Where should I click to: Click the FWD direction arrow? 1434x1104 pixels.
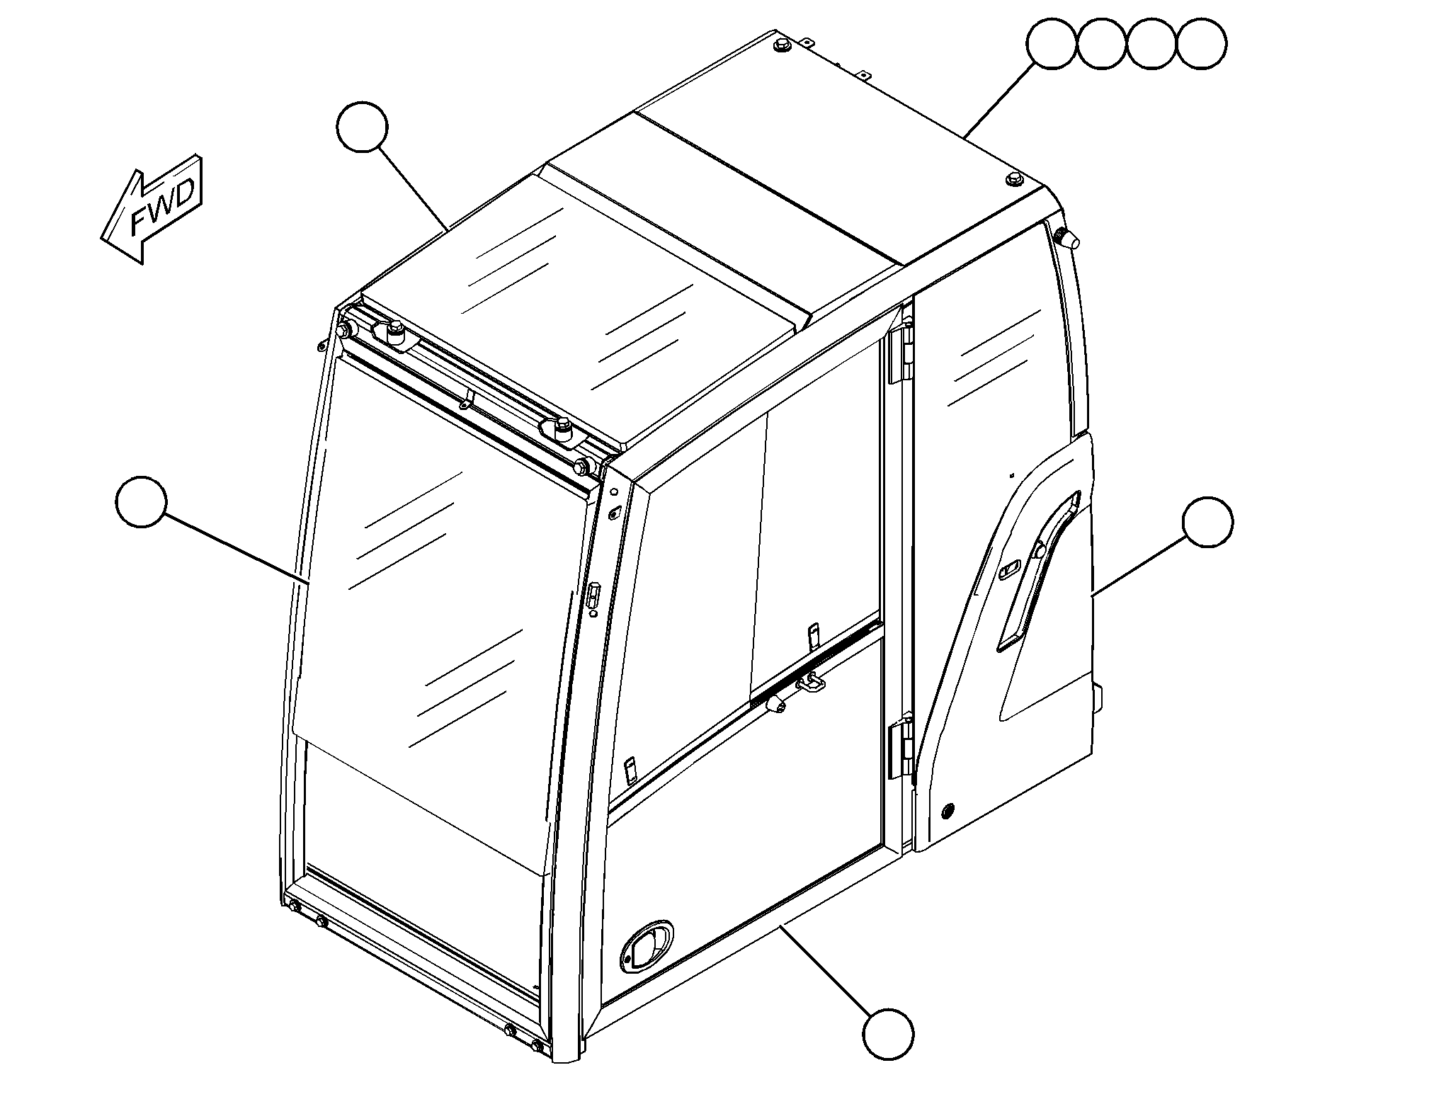tap(153, 209)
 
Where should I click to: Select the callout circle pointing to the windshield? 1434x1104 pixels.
tap(141, 502)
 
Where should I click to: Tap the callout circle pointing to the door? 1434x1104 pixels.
tap(1208, 522)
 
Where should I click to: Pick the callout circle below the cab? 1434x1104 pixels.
tap(888, 1035)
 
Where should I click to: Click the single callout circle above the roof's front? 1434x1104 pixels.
tap(362, 127)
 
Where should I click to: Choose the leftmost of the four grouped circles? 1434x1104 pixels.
tap(1052, 44)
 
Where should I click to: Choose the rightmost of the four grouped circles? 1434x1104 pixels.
tap(1202, 44)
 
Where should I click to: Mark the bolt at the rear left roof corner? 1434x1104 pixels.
tap(783, 45)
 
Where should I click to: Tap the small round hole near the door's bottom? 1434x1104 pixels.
tap(948, 810)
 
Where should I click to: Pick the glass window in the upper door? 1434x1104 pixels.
tap(995, 340)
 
